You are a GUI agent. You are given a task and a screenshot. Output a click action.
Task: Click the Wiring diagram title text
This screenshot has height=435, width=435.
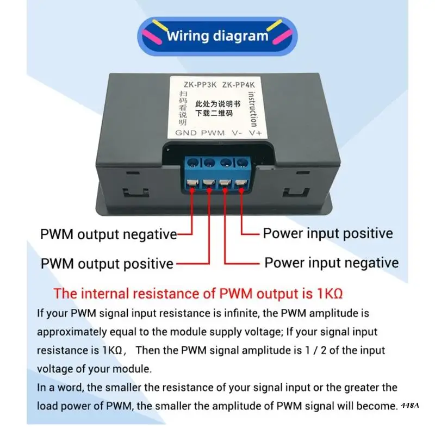coord(217,36)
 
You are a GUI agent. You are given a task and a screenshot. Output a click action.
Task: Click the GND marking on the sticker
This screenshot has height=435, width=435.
coord(186,132)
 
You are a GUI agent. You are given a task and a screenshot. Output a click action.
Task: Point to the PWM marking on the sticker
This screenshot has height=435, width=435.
coord(213,132)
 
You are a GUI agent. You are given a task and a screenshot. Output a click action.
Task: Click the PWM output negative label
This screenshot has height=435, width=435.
coord(108,235)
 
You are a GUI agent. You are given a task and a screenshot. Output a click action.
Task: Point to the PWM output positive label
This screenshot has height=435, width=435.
coord(107,264)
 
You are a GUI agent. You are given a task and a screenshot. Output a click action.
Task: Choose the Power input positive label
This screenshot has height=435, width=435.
coord(327,234)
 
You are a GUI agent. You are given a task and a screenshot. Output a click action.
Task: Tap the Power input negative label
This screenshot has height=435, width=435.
coord(331,263)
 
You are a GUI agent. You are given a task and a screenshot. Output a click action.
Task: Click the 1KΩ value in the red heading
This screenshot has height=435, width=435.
coord(329,294)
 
